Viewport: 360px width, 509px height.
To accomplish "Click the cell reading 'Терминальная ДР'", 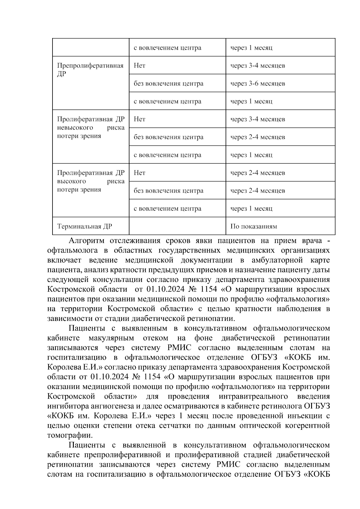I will pyautogui.click(x=85, y=226).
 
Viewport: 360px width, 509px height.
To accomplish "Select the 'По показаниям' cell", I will pyautogui.click(x=253, y=226).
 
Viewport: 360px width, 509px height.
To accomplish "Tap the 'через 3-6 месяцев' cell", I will pyautogui.click(x=257, y=83).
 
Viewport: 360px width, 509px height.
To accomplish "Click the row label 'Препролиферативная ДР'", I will pyautogui.click(x=90, y=70).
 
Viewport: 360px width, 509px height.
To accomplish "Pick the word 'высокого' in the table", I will pyautogui.click(x=71, y=181).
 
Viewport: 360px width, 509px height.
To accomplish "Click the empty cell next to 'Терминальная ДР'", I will pyautogui.click(x=177, y=226).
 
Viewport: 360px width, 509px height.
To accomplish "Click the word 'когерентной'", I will pyautogui.click(x=305, y=425).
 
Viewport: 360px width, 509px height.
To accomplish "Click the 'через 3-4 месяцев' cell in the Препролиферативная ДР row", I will pyautogui.click(x=257, y=65).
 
